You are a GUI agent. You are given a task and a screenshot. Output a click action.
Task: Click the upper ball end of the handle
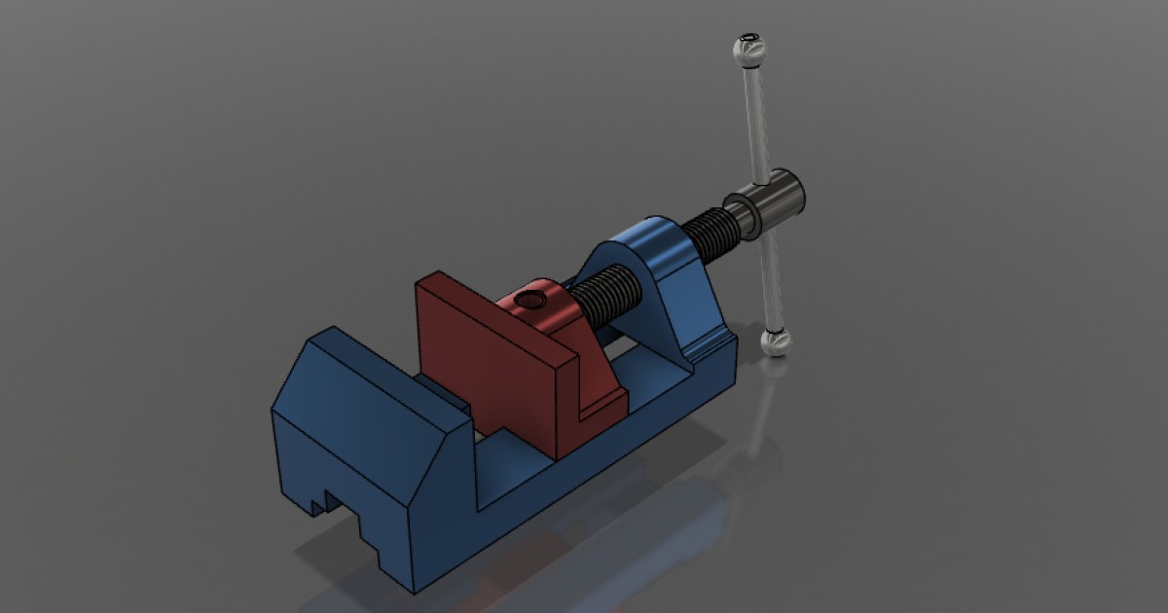(x=748, y=51)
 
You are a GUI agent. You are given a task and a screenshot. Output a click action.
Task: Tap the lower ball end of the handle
(x=776, y=342)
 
